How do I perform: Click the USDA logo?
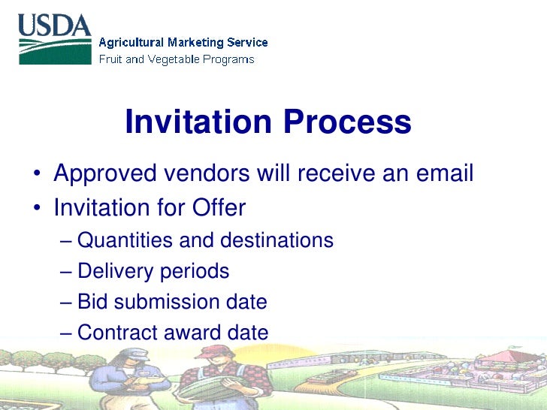[54, 39]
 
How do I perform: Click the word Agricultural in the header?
[132, 43]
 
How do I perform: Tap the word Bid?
[93, 302]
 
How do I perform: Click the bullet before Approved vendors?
[36, 176]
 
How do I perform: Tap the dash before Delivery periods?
[65, 272]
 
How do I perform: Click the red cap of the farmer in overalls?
[213, 350]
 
